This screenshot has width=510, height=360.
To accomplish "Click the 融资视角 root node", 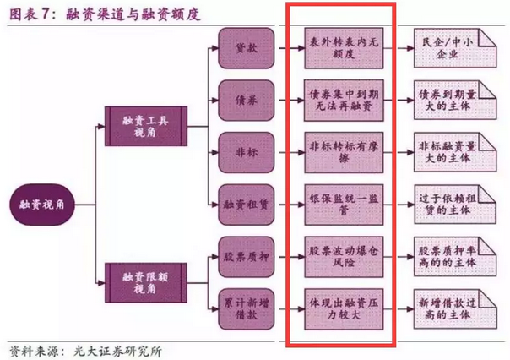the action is [42, 205].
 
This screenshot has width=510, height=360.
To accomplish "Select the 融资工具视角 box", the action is [146, 126].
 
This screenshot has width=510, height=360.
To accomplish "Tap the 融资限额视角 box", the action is [146, 283].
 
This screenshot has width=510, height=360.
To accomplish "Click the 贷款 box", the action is [247, 48].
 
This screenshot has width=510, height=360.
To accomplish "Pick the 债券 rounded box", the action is [247, 101].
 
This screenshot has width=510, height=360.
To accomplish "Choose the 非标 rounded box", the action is [247, 152].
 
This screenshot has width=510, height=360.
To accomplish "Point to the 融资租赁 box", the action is [247, 205].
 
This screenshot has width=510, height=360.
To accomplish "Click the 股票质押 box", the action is [247, 257].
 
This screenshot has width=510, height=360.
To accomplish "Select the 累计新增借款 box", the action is [247, 309].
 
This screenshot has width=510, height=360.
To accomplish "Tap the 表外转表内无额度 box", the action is [344, 48].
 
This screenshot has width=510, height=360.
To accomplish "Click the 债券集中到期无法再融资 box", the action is [344, 101].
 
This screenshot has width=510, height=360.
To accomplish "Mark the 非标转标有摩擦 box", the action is [344, 152].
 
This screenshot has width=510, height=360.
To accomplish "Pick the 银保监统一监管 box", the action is [344, 205].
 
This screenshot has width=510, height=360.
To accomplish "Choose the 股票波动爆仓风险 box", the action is [344, 257].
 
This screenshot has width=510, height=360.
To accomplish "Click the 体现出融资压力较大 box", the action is [344, 309].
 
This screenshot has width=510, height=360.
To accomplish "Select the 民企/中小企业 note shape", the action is [455, 48].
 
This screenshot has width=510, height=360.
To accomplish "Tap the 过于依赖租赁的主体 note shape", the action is [455, 205].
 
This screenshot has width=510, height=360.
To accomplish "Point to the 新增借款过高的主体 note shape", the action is [455, 309].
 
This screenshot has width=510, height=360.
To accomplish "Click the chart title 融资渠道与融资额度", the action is [133, 14].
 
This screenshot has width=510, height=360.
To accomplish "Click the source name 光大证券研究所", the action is [117, 352].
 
